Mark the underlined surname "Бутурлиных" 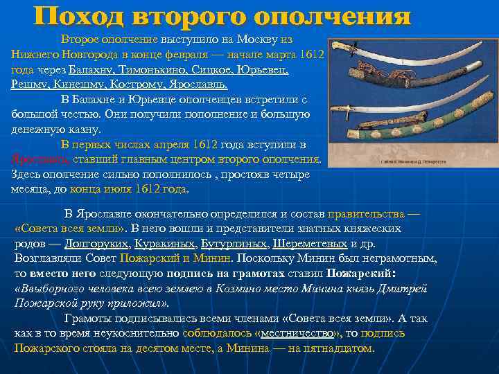pyautogui.click(x=232, y=244)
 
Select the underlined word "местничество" pyautogui.click(x=296, y=333)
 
